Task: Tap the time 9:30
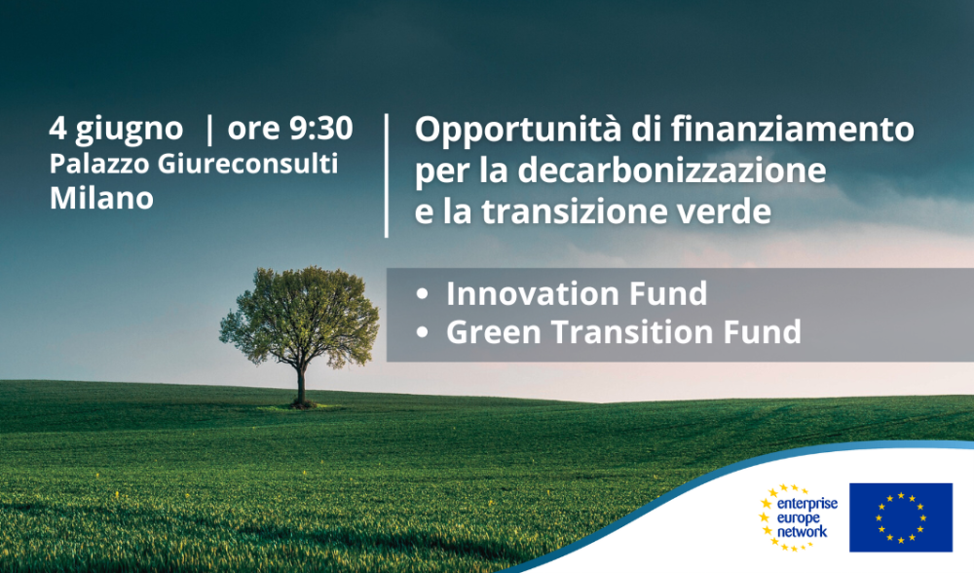tap(321, 128)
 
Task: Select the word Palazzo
tap(99, 164)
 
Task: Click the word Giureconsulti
tap(247, 164)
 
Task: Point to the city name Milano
tap(101, 198)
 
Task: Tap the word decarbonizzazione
tap(672, 171)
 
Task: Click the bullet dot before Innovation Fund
tap(423, 294)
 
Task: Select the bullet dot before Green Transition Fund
tap(423, 332)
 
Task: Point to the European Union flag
tap(901, 517)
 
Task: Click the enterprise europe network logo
tap(798, 517)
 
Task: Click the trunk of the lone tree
tap(301, 385)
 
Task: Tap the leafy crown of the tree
tap(299, 315)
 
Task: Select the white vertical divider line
tap(387, 175)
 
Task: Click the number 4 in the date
tap(57, 129)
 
